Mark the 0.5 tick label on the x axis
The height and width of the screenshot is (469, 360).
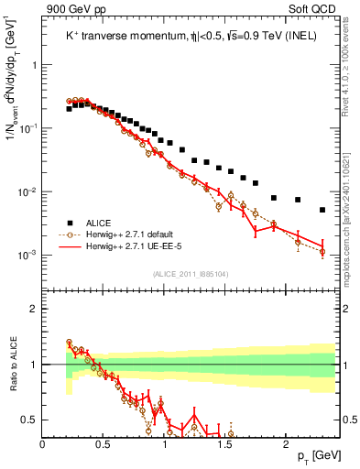(x=104, y=444)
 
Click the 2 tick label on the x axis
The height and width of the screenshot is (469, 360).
(x=287, y=444)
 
